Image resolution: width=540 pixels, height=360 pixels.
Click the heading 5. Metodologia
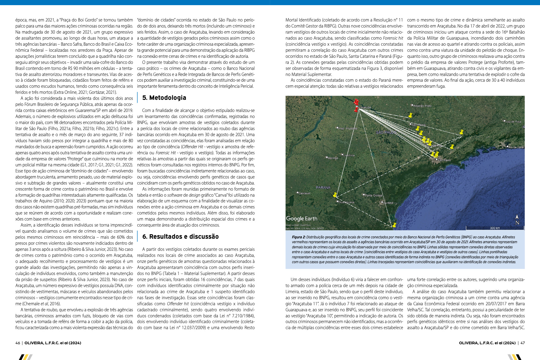tap(164, 98)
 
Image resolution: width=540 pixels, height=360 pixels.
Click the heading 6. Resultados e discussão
tap(180, 237)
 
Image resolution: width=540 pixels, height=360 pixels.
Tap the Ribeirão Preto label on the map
tap(422, 106)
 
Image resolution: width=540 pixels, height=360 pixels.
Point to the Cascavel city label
tap(304, 193)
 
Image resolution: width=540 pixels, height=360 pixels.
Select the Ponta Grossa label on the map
tap(373, 195)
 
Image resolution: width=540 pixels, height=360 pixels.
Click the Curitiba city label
tap(388, 203)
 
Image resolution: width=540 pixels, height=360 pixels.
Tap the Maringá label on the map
tap(333, 158)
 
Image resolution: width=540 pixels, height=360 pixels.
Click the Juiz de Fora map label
tap(513, 122)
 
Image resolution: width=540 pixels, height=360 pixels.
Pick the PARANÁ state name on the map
tap(323, 188)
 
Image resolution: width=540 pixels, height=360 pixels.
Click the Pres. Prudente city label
tap(348, 129)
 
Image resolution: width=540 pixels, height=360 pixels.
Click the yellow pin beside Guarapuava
tap(335, 195)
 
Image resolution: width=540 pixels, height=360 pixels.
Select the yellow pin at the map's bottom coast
tap(394, 225)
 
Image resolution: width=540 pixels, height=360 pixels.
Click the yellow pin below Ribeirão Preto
tap(410, 115)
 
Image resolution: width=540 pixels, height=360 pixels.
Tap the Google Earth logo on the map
tap(302, 218)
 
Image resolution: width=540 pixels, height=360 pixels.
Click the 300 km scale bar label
tap(495, 228)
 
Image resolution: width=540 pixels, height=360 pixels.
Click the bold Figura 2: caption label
tap(299, 237)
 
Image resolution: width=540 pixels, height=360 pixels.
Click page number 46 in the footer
tap(18, 343)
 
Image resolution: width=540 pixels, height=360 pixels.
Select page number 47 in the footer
tap(522, 343)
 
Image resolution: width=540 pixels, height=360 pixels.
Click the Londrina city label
tap(349, 155)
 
